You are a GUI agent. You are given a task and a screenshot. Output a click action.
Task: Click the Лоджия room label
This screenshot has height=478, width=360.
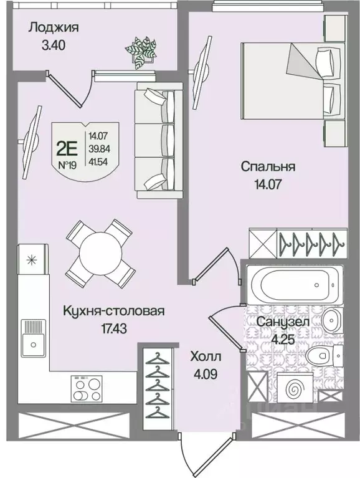54,27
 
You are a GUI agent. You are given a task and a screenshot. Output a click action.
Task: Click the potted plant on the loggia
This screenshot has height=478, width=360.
141,49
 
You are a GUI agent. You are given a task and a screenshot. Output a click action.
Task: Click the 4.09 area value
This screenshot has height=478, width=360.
206,375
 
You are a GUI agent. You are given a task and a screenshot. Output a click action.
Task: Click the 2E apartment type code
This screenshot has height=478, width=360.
67,148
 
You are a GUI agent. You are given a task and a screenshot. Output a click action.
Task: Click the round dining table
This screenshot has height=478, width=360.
100,251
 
